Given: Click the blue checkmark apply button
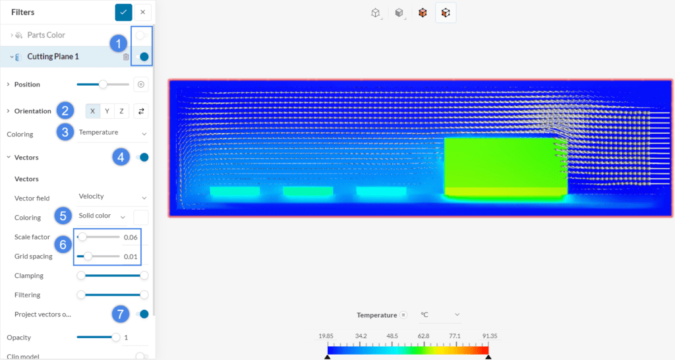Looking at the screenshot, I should [x=123, y=12].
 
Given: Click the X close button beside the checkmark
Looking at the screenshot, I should [x=142, y=12].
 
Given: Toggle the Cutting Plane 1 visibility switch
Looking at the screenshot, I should [x=142, y=57].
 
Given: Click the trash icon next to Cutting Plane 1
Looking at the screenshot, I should [x=126, y=57].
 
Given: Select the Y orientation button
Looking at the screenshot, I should [x=107, y=111].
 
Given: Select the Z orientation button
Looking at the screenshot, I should [x=121, y=111].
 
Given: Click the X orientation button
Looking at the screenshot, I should [x=92, y=111].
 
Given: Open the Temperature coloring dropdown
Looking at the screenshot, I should [x=113, y=133].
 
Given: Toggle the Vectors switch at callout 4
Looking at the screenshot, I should [x=142, y=157].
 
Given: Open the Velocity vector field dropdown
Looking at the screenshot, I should [x=113, y=196].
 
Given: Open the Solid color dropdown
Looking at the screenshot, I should [x=102, y=216].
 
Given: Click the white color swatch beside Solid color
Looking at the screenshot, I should [x=141, y=216].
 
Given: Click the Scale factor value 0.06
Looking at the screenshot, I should [x=131, y=237].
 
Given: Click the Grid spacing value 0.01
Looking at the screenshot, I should [x=131, y=256].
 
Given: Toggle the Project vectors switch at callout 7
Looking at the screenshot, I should [x=142, y=314].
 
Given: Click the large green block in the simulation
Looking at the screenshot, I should [x=506, y=165].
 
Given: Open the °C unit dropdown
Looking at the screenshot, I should [x=439, y=315].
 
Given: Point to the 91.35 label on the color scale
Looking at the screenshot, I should [x=488, y=336].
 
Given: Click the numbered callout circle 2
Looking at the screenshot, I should [x=64, y=110].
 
